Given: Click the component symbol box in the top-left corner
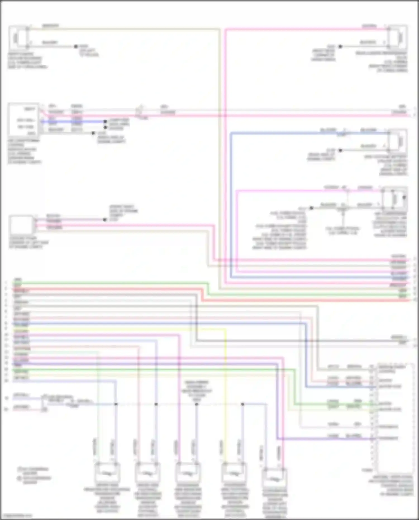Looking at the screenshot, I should pyautogui.click(x=18, y=37).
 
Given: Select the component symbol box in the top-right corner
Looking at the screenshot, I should pyautogui.click(x=398, y=37).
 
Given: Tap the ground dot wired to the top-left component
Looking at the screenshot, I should pyautogui.click(x=76, y=46).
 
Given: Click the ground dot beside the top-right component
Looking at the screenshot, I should pyautogui.click(x=340, y=46).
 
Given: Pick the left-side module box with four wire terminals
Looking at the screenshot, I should pyautogui.click(x=24, y=120).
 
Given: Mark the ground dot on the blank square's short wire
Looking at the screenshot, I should pyautogui.click(x=105, y=220).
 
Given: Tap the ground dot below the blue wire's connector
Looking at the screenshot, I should pyautogui.click(x=340, y=150).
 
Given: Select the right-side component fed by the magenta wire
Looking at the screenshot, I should pyautogui.click(x=394, y=199).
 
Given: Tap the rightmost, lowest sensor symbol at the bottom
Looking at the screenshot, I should pyautogui.click(x=275, y=479).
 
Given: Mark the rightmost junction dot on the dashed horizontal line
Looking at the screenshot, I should pyautogui.click(x=242, y=404).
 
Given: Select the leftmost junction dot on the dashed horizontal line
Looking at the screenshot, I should pyautogui.click(x=116, y=404).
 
